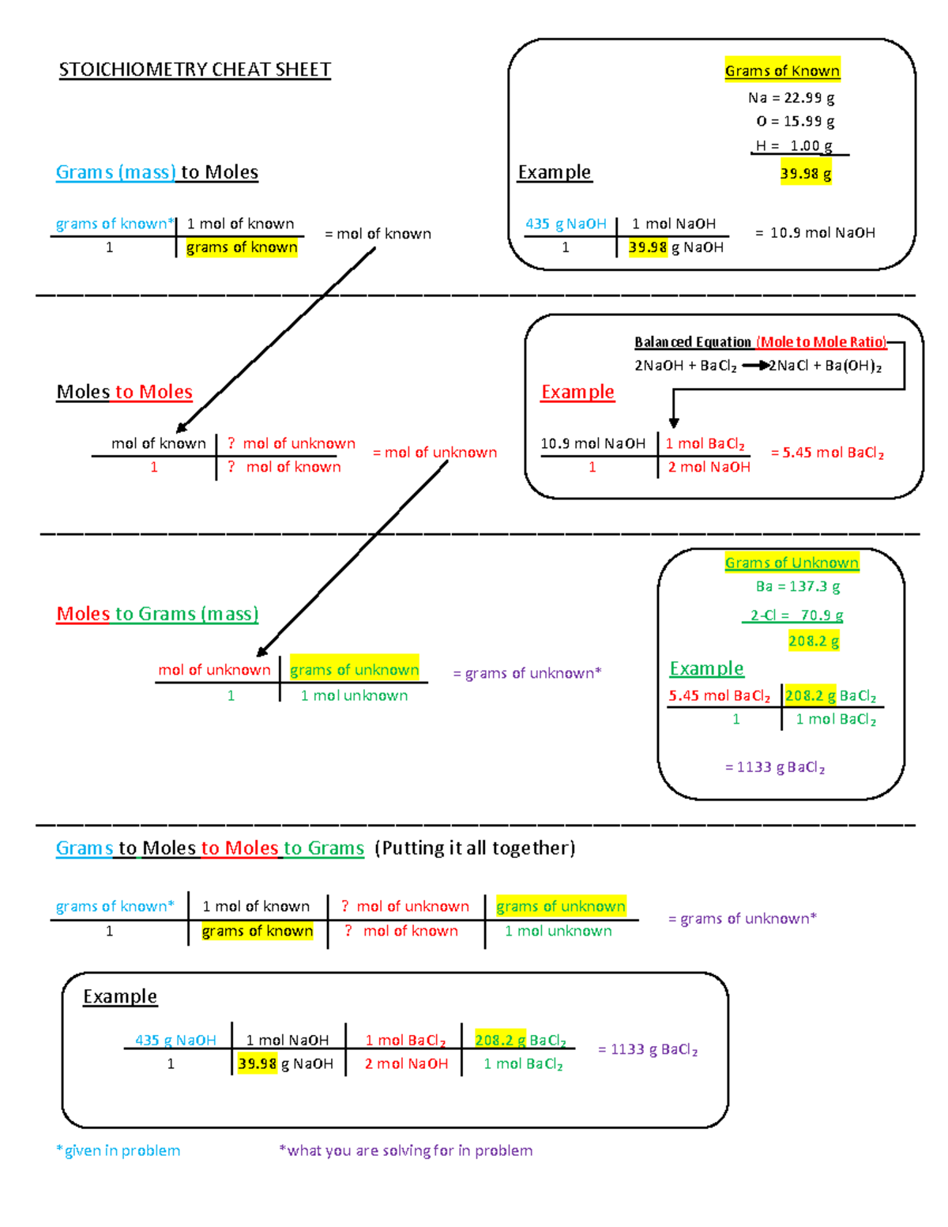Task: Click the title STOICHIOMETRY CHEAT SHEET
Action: coord(194,70)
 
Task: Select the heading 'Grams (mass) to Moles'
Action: coord(156,172)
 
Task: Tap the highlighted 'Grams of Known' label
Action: coord(782,70)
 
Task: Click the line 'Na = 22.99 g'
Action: coord(791,98)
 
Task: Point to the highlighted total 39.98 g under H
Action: coord(805,174)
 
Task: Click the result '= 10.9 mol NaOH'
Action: coord(814,233)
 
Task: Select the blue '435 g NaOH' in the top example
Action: coord(566,224)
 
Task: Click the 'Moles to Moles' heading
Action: coord(124,392)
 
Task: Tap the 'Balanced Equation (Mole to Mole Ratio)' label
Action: coord(760,342)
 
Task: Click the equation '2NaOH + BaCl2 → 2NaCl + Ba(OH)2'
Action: coord(758,366)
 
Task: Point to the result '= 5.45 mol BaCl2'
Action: coord(827,453)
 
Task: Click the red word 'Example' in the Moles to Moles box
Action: coord(577,392)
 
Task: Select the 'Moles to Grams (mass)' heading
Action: coord(157,614)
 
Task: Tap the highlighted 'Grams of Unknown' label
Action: coord(792,563)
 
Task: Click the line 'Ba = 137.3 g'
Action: coord(797,586)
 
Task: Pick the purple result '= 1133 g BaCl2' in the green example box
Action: coord(775,767)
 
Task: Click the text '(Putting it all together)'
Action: coord(475,848)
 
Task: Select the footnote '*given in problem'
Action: coord(118,1150)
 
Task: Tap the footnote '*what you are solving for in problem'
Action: coord(406,1150)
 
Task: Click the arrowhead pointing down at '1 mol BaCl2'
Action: coord(674,423)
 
